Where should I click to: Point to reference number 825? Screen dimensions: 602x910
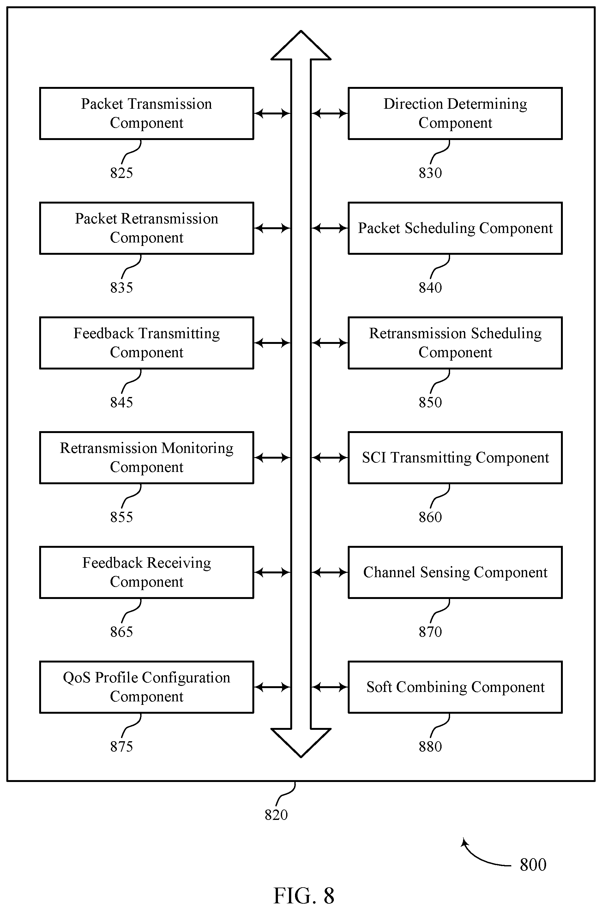[x=121, y=173]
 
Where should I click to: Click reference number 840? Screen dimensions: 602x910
[x=430, y=288]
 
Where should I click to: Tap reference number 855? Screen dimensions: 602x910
[x=121, y=517]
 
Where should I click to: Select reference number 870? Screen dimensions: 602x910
[x=430, y=632]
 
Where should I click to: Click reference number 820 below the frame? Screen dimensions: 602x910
[x=276, y=815]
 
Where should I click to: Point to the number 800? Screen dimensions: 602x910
[x=533, y=865]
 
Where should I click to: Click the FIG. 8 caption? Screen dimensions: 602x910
[x=304, y=896]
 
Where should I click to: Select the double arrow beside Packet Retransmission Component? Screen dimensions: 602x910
[x=272, y=228]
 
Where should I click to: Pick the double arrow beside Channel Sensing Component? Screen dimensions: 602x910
[x=330, y=572]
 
